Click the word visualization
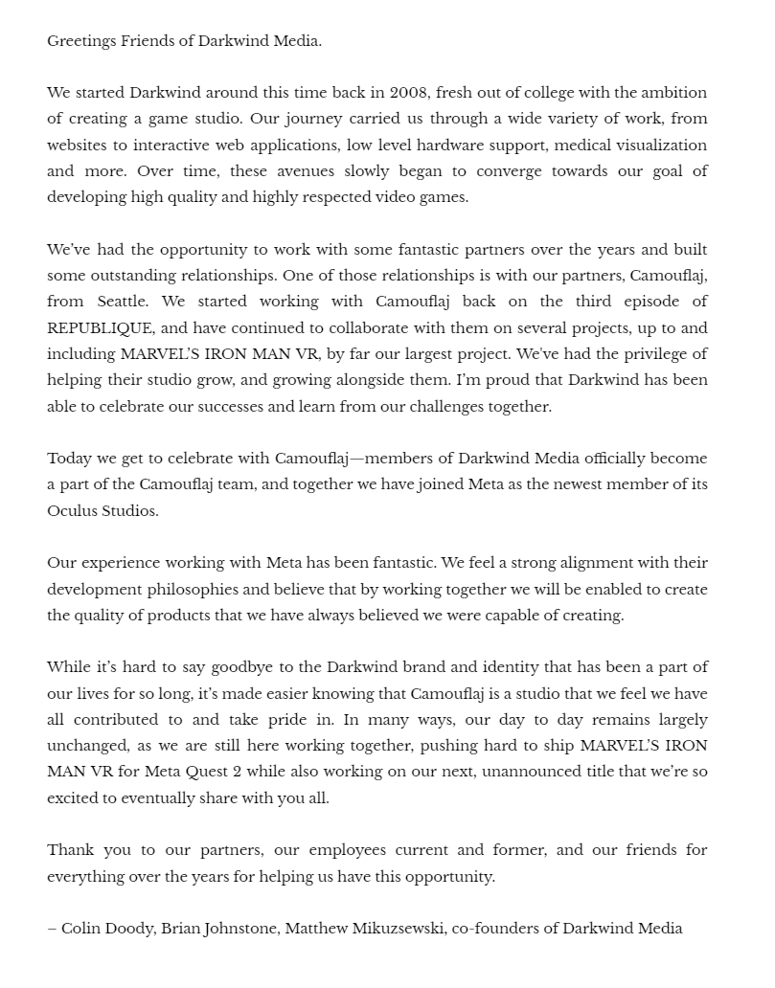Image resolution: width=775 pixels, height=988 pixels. point(656,146)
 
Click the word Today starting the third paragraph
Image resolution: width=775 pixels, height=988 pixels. point(70,459)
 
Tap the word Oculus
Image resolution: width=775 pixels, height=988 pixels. point(74,510)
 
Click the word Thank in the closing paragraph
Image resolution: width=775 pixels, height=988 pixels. point(71,850)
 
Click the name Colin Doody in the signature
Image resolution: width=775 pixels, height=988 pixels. point(106,929)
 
